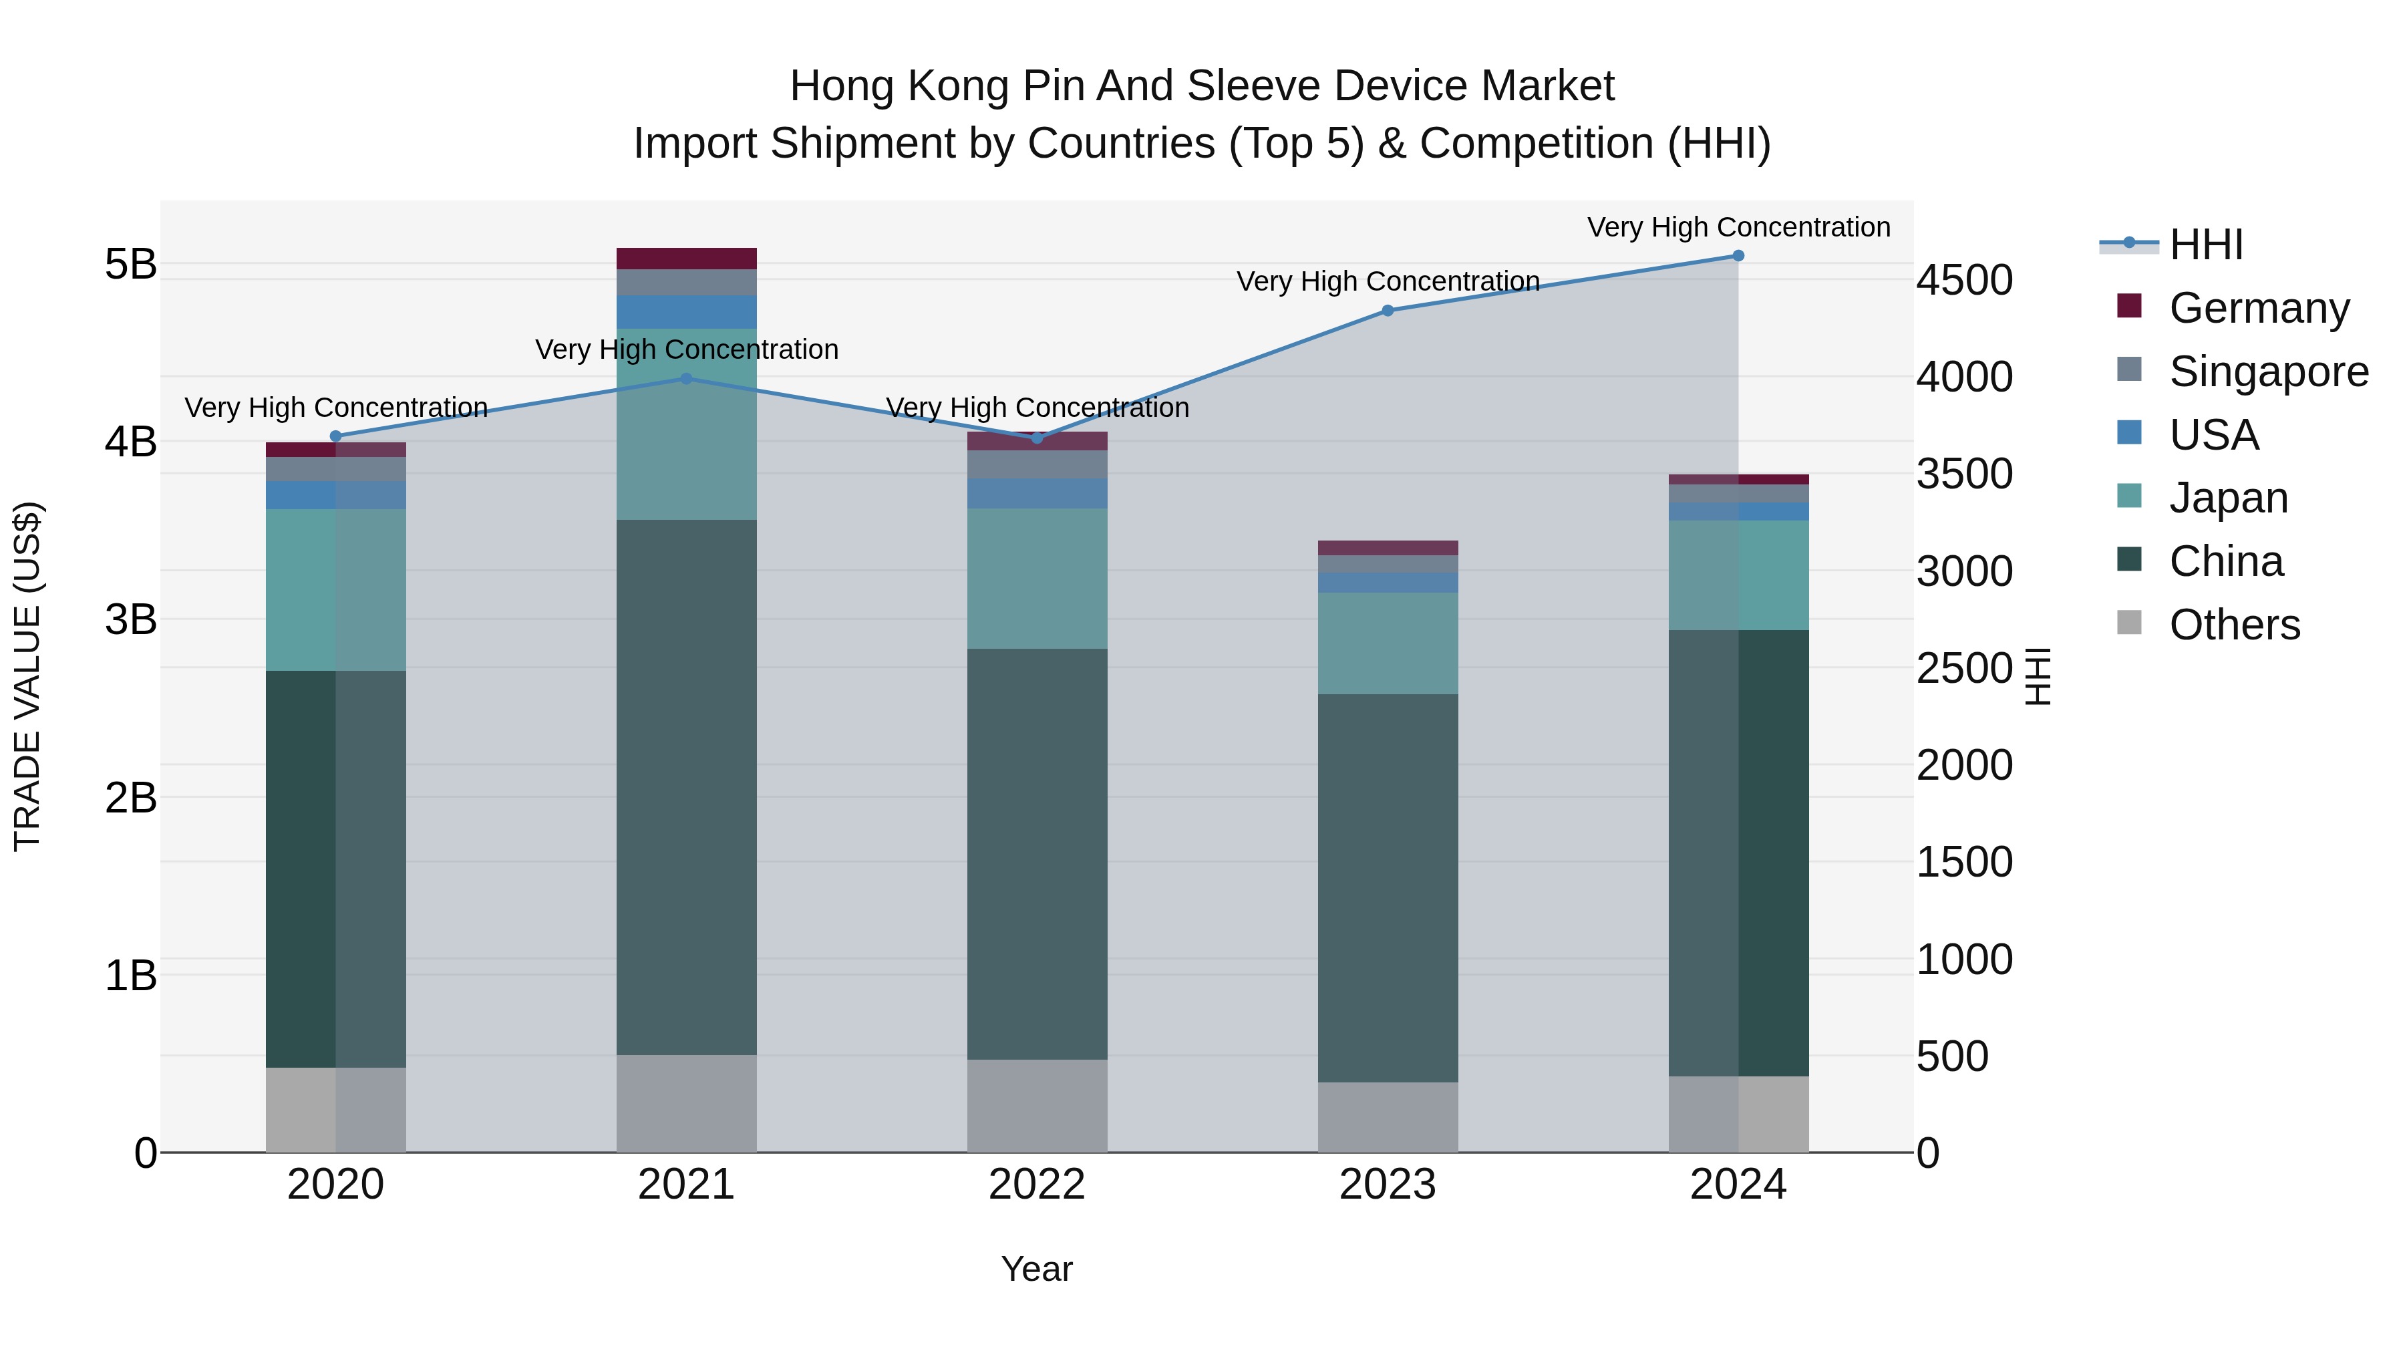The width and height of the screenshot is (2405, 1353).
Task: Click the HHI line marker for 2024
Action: (1738, 256)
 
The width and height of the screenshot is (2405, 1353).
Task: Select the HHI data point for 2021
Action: (686, 379)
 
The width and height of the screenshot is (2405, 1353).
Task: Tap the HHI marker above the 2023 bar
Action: (1388, 311)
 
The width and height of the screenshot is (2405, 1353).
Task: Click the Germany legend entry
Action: (2257, 308)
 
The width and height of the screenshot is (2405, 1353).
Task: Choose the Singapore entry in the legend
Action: (2267, 371)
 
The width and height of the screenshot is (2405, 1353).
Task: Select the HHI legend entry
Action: (2205, 245)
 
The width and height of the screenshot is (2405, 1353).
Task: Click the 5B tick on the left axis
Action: (131, 264)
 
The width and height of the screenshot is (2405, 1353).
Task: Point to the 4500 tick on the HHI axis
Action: (1964, 280)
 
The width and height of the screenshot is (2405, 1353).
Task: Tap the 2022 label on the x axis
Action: (1036, 1185)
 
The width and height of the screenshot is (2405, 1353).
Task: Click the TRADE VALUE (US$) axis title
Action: (28, 676)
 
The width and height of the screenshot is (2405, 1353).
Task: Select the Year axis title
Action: (1036, 1269)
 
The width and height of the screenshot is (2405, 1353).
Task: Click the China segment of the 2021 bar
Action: (686, 787)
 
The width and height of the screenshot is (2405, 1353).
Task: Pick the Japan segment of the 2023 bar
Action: (1388, 643)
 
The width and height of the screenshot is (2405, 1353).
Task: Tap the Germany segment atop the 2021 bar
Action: (686, 259)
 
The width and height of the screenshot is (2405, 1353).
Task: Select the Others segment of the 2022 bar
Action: (1036, 1106)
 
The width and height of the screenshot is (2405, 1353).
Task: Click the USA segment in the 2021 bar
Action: (686, 312)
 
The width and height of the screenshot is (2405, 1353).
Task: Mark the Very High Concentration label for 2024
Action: (1738, 227)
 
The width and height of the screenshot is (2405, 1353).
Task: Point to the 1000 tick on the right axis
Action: (1964, 960)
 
